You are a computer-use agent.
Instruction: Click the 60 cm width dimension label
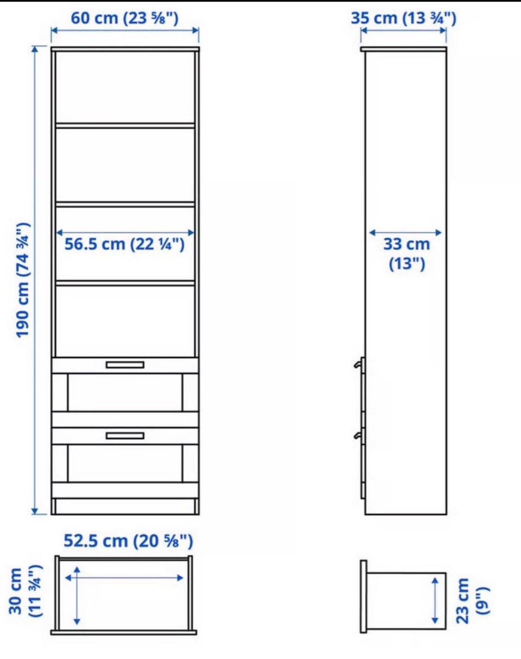pyautogui.click(x=125, y=18)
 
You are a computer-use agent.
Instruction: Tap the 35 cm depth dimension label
pyautogui.click(x=403, y=18)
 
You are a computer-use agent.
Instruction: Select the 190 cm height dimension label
pyautogui.click(x=23, y=281)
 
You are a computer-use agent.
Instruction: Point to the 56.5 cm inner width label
pyautogui.click(x=125, y=244)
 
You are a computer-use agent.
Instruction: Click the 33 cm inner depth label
pyautogui.click(x=407, y=254)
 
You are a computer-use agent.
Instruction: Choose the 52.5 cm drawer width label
pyautogui.click(x=128, y=541)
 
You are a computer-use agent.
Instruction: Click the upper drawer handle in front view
pyautogui.click(x=125, y=365)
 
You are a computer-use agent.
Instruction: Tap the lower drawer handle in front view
pyautogui.click(x=125, y=436)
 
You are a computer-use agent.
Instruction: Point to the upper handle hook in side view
pyautogui.click(x=357, y=364)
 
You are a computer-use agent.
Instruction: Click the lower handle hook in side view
pyautogui.click(x=357, y=435)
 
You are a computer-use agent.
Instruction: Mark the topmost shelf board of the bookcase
pyautogui.click(x=125, y=125)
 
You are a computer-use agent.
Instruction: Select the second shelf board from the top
pyautogui.click(x=125, y=204)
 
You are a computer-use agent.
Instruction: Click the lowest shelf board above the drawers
pyautogui.click(x=125, y=283)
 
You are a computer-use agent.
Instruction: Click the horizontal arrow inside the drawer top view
pyautogui.click(x=124, y=578)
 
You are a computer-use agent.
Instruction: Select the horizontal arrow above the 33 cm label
pyautogui.click(x=405, y=233)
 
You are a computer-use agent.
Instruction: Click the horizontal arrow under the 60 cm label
pyautogui.click(x=125, y=30)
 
